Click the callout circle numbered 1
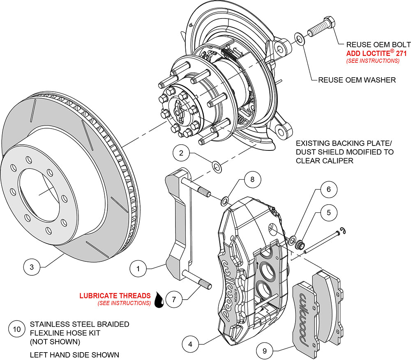click(x=139, y=269)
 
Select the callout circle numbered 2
click(x=181, y=154)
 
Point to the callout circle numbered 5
click(x=328, y=213)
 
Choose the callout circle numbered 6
click(x=328, y=189)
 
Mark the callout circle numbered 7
click(x=174, y=300)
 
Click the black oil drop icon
click(x=159, y=300)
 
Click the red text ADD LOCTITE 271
click(x=373, y=53)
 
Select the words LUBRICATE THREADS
click(x=115, y=295)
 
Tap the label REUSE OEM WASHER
click(x=357, y=80)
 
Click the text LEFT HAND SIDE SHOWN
click(x=74, y=355)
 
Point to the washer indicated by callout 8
click(x=224, y=201)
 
